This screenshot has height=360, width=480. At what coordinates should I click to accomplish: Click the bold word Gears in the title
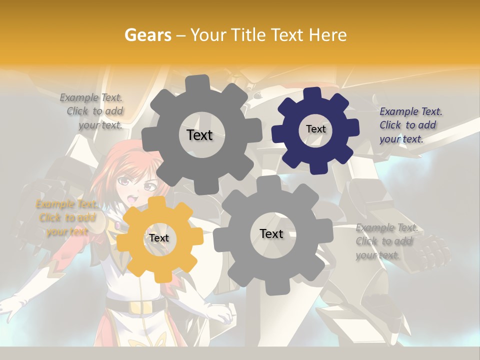pyautogui.click(x=147, y=35)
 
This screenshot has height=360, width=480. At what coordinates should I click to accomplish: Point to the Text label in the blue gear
pyautogui.click(x=315, y=129)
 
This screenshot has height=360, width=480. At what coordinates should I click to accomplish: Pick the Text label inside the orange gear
pyautogui.click(x=158, y=238)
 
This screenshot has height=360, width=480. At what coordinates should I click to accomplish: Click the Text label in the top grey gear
pyautogui.click(x=199, y=135)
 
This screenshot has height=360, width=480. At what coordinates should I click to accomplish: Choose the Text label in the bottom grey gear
pyautogui.click(x=271, y=233)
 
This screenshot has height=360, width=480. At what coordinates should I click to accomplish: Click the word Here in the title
pyautogui.click(x=327, y=35)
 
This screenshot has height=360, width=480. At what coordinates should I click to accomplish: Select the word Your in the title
pyautogui.click(x=207, y=35)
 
